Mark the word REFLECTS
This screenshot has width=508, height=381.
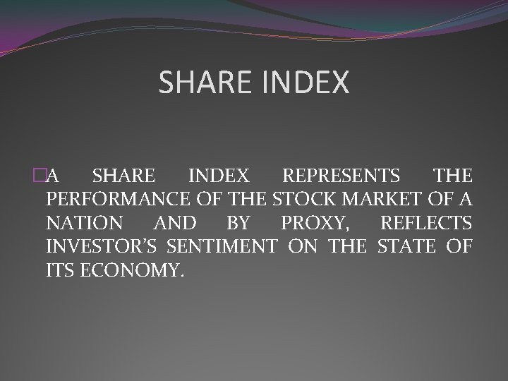click(x=426, y=224)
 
